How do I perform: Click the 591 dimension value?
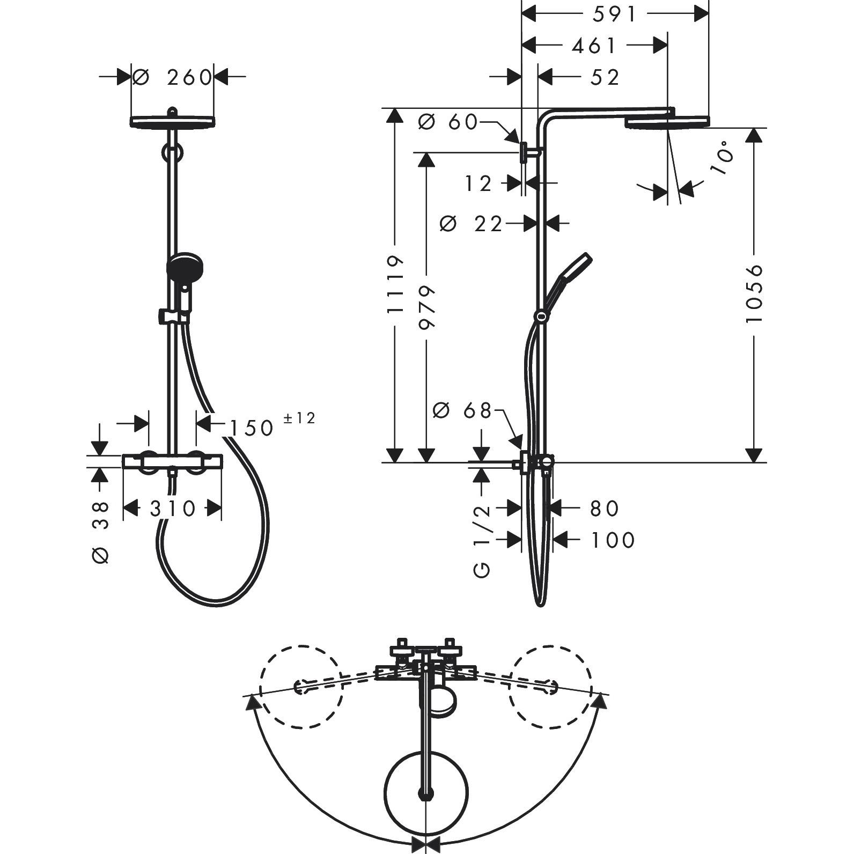614,14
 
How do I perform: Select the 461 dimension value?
594,46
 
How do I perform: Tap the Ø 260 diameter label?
173,77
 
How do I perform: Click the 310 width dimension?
173,508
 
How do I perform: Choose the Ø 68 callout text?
462,411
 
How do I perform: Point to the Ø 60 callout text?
447,122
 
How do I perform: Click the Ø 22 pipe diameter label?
471,223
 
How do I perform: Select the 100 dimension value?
613,540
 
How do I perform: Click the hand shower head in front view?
185,268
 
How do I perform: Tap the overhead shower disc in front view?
173,121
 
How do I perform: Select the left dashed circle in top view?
301,686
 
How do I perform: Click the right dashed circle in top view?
550,686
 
